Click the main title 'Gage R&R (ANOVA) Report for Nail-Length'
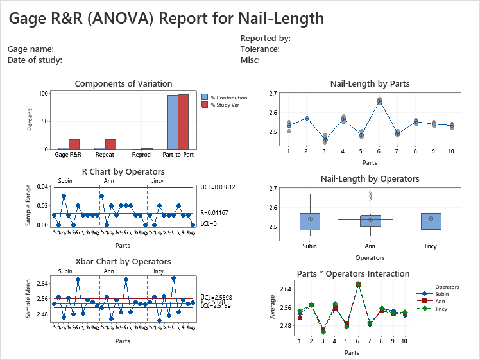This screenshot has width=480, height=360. point(166,18)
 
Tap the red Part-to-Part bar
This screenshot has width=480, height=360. point(183,122)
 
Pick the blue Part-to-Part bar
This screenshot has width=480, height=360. point(173,122)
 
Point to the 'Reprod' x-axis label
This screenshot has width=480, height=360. point(141,155)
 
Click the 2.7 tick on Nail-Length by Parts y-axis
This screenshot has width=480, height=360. point(273,94)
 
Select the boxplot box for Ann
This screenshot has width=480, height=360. point(370,220)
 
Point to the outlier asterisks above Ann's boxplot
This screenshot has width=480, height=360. point(370,196)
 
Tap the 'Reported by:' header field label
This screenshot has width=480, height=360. point(265,39)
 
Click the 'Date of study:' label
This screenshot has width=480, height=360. point(35,60)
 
